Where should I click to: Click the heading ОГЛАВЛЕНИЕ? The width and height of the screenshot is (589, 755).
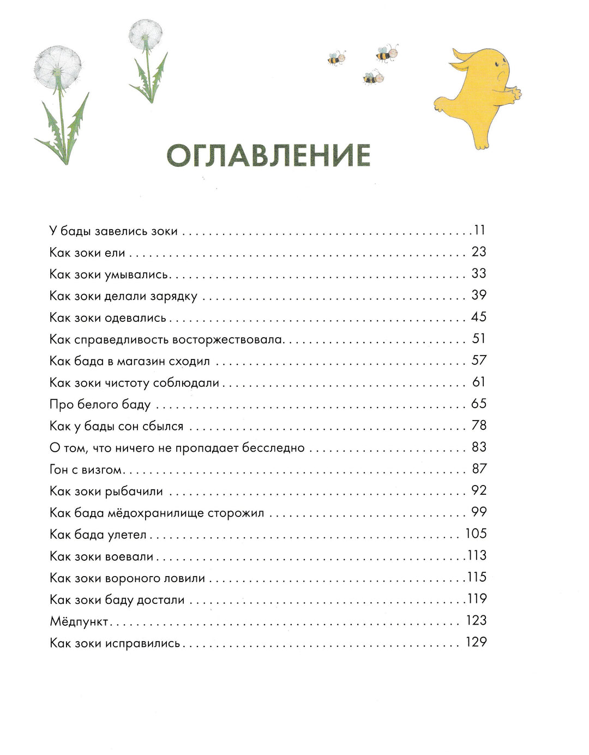click(x=268, y=156)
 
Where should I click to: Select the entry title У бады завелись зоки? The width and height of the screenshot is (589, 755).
click(x=113, y=231)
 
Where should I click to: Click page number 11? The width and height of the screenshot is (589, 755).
click(x=479, y=230)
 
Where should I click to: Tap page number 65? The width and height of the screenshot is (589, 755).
click(x=478, y=404)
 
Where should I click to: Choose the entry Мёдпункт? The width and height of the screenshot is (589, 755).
click(x=79, y=622)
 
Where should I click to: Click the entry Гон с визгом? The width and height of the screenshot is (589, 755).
click(x=86, y=470)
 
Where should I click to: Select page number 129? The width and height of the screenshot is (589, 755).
click(x=476, y=642)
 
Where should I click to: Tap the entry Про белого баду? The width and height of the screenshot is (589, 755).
click(x=100, y=405)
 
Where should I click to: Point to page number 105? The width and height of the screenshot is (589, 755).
click(x=476, y=534)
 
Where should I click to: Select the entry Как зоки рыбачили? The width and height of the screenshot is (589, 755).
click(x=106, y=492)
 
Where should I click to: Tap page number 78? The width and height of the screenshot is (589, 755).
click(x=478, y=426)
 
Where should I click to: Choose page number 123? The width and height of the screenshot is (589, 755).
click(x=476, y=620)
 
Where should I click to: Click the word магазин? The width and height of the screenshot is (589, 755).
click(x=140, y=362)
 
